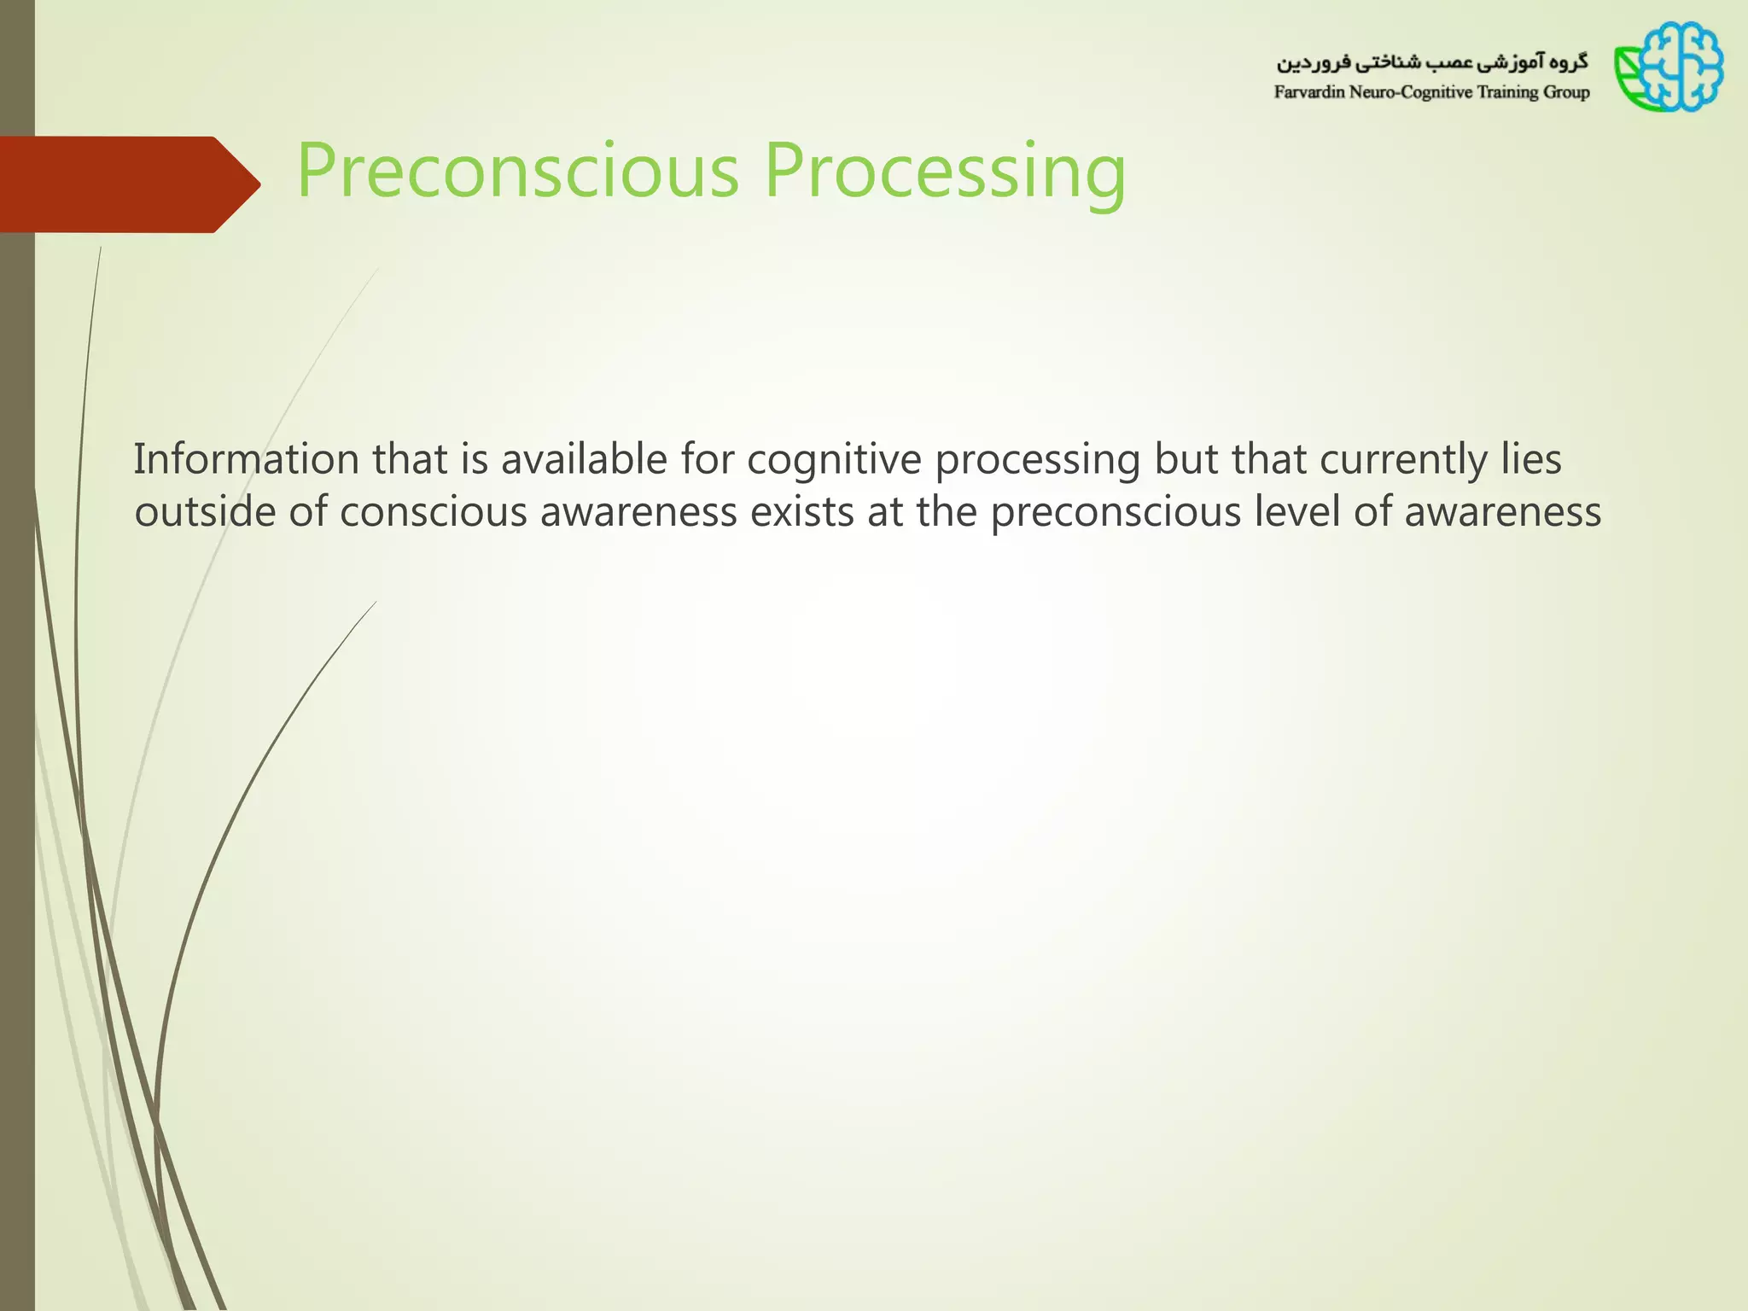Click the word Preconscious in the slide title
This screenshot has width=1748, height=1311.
point(517,171)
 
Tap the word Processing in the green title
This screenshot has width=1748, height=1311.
point(945,171)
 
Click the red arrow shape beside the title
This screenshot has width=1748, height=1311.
point(128,184)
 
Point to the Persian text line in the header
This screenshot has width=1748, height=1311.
point(1431,62)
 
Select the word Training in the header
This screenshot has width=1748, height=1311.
point(1508,92)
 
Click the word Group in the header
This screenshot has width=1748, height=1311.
point(1567,92)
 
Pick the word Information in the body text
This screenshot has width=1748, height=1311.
point(246,459)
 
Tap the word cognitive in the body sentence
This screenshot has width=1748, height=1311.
point(834,459)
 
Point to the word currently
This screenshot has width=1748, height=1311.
point(1403,459)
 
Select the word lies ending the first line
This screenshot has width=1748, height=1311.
point(1532,459)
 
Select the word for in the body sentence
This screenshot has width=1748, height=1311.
point(707,459)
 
